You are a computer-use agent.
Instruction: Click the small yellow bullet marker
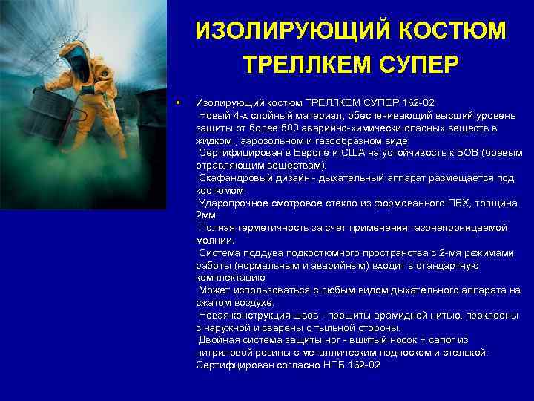click(x=179, y=102)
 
